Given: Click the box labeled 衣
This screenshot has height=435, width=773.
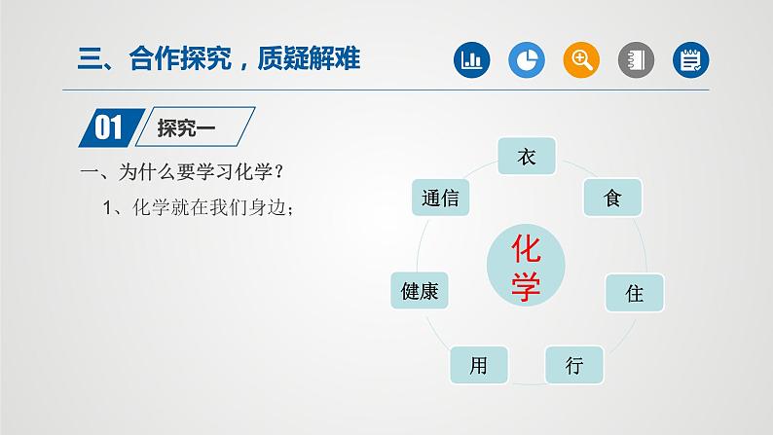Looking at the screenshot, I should [527, 156].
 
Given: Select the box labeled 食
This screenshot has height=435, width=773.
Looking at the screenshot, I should [612, 198].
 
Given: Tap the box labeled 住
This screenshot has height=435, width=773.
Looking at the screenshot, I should [635, 292].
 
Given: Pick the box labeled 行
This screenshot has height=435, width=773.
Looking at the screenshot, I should [574, 365].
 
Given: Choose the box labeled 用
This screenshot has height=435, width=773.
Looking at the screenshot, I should [478, 365].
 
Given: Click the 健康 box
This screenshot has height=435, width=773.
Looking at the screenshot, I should [420, 290].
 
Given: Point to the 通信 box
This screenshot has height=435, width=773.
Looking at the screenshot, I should [441, 198].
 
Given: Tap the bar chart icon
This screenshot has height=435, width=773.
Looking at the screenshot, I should [472, 60].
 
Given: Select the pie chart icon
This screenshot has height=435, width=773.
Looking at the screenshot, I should [527, 60].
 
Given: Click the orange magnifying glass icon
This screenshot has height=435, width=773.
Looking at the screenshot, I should [581, 60].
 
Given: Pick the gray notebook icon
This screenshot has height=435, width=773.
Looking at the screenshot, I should [637, 60].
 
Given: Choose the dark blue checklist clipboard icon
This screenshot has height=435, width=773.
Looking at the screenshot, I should [691, 60].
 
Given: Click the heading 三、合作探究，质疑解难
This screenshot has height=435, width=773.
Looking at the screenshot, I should [218, 59].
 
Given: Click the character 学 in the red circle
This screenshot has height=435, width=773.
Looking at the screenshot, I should [526, 285].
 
